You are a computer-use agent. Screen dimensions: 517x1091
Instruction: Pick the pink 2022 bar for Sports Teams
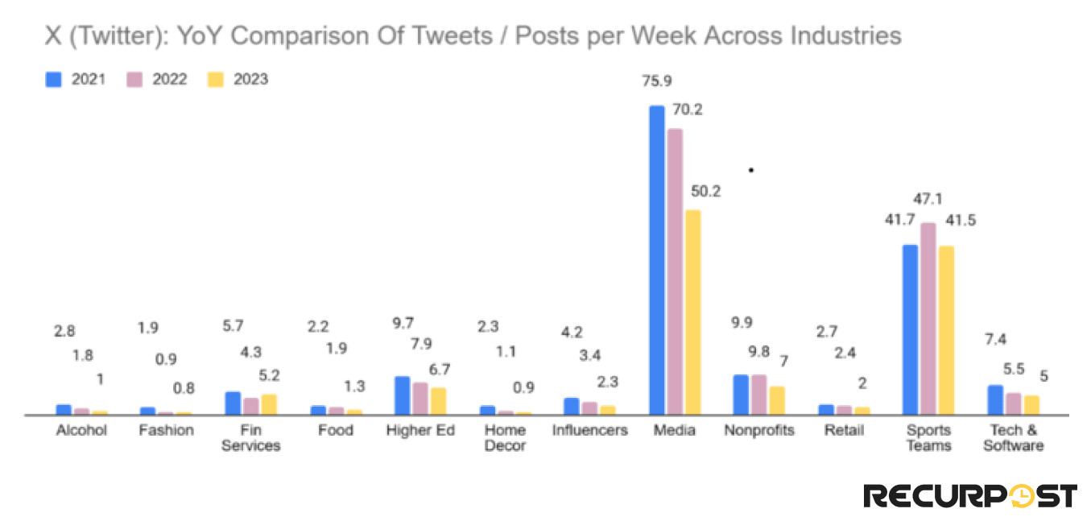click(928, 318)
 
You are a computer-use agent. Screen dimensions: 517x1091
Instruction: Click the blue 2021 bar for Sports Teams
click(911, 329)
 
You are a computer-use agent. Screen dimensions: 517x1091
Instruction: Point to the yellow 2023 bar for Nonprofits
click(777, 400)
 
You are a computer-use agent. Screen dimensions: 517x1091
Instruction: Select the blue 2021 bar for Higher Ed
click(402, 395)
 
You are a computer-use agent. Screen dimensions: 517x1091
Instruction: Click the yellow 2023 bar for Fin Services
click(269, 404)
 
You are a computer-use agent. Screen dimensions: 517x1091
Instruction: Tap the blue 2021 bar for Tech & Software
click(995, 399)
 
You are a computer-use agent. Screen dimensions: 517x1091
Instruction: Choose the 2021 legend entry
click(76, 79)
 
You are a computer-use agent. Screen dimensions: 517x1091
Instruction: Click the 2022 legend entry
click(157, 79)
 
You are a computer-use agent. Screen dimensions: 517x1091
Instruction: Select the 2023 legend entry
click(238, 79)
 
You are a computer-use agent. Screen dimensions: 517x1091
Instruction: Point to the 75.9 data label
click(656, 81)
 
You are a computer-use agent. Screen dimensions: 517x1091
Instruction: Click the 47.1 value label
click(928, 198)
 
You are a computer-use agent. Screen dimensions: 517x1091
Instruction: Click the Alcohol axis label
click(81, 430)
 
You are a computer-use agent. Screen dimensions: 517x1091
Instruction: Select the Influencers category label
click(589, 430)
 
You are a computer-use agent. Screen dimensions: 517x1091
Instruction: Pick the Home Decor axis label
click(505, 437)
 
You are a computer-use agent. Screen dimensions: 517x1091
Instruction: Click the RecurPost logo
click(970, 494)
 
